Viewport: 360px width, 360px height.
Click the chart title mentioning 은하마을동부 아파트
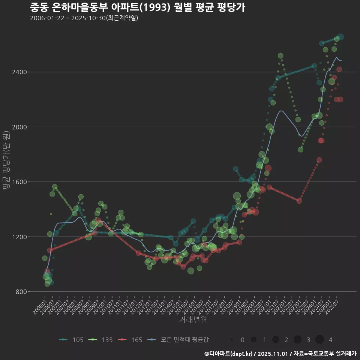click(x=137, y=7)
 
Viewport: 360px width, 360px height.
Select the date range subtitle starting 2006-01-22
click(x=84, y=18)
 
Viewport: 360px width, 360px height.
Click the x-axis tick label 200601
click(x=40, y=304)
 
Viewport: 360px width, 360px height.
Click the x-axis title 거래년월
click(x=193, y=319)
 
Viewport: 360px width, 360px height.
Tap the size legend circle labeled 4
click(x=319, y=340)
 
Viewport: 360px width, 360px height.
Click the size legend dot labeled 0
click(x=232, y=340)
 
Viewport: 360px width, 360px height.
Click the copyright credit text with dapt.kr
click(x=280, y=353)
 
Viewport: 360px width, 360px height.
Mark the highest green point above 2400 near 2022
click(x=280, y=56)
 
